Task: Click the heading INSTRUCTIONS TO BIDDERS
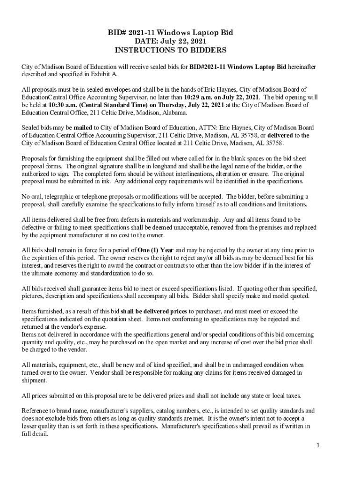click(171, 50)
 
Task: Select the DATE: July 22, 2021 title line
click(171, 41)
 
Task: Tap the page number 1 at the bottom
click(317, 445)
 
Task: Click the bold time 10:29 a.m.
click(199, 97)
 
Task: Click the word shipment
click(34, 380)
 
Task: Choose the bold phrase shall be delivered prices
click(154, 311)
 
